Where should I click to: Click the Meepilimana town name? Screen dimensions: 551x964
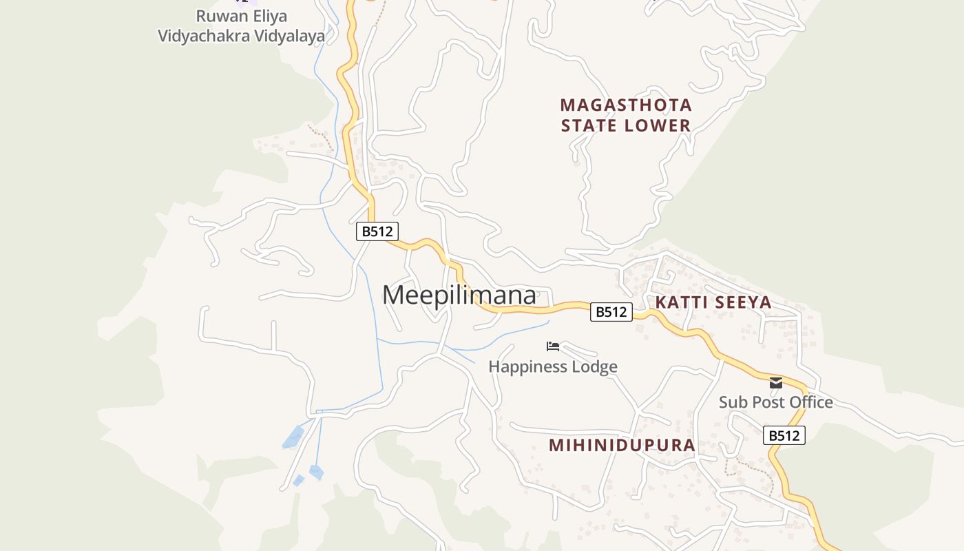459,295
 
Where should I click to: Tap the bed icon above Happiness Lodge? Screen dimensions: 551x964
553,346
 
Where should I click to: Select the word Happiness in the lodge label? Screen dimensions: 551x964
529,366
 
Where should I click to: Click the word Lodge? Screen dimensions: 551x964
595,366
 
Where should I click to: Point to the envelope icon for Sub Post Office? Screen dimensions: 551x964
776,383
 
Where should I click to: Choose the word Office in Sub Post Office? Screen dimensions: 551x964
811,402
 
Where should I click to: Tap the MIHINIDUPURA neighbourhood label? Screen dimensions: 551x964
622,445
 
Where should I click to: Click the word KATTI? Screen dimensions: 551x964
680,302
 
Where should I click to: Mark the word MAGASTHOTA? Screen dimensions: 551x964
626,105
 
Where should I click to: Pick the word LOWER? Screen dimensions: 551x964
660,125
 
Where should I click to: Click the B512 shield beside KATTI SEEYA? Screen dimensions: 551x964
611,312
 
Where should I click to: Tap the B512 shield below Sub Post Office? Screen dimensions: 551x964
784,435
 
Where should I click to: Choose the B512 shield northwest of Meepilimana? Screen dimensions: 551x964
377,231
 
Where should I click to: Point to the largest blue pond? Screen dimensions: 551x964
293,437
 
